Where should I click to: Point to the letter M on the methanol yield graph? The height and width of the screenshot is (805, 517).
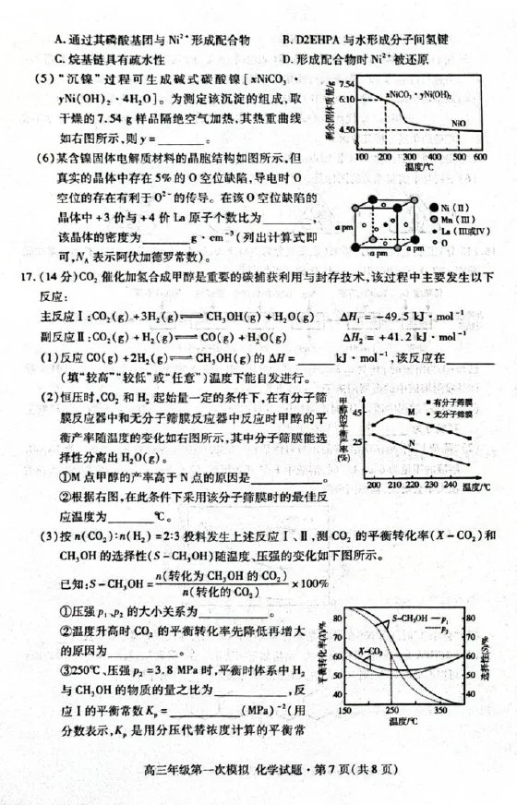coord(411,411)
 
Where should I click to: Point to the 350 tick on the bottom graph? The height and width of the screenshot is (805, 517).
coord(441,712)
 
